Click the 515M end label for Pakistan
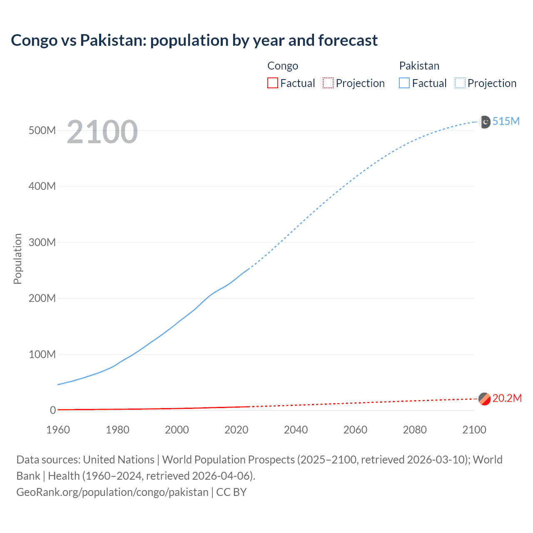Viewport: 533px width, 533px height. [x=506, y=121]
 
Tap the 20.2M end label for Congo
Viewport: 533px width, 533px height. [x=507, y=399]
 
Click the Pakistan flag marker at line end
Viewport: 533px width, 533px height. [x=485, y=122]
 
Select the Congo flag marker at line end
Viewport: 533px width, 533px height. [x=484, y=399]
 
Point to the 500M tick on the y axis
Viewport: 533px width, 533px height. [x=42, y=130]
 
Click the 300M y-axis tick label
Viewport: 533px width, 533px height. [x=42, y=242]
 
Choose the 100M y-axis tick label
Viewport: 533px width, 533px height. [x=42, y=354]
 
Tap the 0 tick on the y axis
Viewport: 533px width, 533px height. [x=53, y=410]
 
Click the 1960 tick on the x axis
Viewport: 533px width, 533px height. [x=58, y=430]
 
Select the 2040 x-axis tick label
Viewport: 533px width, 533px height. [x=296, y=430]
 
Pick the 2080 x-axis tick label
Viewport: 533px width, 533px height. [x=415, y=430]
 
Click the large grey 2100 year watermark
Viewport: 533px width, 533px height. [x=102, y=132]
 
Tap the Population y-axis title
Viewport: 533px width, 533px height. [x=17, y=259]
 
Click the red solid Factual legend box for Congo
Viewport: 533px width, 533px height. [x=272, y=83]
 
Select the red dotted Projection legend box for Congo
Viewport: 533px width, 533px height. [x=328, y=83]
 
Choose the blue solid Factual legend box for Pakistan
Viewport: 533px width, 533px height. [x=404, y=83]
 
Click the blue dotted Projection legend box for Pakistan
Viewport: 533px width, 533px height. [x=460, y=83]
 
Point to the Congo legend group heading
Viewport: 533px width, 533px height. [x=283, y=66]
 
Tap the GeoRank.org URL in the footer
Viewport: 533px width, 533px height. [x=112, y=492]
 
